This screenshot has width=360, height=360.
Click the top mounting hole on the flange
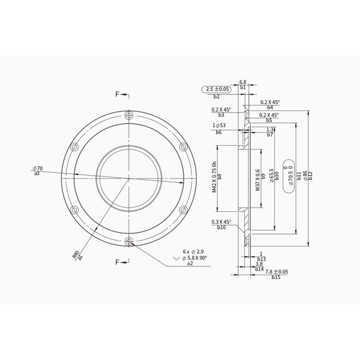point(128,116)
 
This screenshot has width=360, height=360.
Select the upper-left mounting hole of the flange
point(74,147)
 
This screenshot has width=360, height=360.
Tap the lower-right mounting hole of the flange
point(182,210)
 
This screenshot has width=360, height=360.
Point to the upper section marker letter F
point(118,94)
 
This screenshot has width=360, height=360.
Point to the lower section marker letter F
point(118,262)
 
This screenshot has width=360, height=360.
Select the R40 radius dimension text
point(76,255)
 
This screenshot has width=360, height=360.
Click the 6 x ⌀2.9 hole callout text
point(193,252)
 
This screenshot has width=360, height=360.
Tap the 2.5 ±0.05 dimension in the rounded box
point(217,89)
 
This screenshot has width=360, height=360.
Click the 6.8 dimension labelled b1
point(243,82)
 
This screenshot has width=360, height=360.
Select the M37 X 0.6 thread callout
point(257,178)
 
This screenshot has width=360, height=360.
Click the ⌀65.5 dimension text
point(272,175)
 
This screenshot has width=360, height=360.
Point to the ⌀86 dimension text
point(305,176)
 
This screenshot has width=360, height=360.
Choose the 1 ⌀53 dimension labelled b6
point(219,125)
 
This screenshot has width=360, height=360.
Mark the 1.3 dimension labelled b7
point(270,129)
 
